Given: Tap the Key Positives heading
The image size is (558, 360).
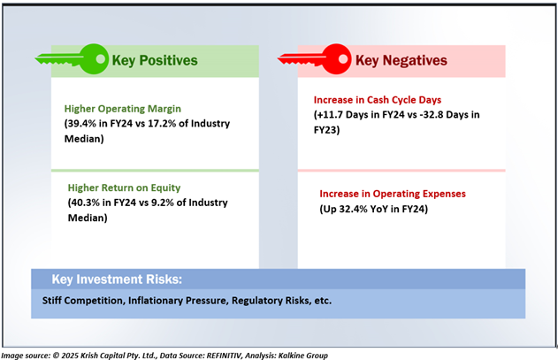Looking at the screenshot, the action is click(155, 60).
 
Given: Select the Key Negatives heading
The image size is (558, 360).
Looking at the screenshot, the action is click(401, 60).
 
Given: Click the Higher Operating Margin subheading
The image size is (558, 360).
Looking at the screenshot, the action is click(123, 109).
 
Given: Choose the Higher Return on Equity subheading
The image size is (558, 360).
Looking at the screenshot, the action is click(124, 188).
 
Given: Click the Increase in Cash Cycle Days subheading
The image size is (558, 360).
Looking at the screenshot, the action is click(378, 100).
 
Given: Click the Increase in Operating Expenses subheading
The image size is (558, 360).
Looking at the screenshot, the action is click(393, 194).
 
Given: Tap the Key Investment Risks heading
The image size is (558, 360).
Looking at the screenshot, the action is click(117, 280).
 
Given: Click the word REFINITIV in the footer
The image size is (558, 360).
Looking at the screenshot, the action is click(225, 356).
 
